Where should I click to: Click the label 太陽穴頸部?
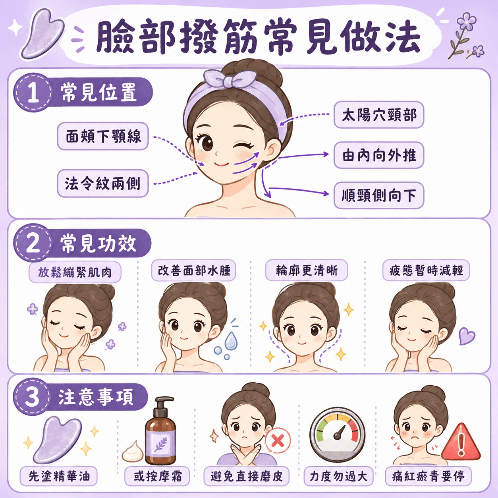click(x=379, y=115)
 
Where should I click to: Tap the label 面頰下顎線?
click(x=103, y=136)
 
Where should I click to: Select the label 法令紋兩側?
click(x=103, y=183)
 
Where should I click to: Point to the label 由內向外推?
click(x=379, y=155)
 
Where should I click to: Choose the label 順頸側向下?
click(x=379, y=195)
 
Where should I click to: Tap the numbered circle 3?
click(x=32, y=396)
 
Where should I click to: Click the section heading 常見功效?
click(x=98, y=243)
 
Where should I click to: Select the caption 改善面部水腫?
click(x=193, y=270)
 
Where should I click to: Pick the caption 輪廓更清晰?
click(x=307, y=270)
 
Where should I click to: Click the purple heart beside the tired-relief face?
click(x=467, y=336)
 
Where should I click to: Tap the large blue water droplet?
click(x=231, y=341)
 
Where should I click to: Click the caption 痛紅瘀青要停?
click(x=429, y=476)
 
